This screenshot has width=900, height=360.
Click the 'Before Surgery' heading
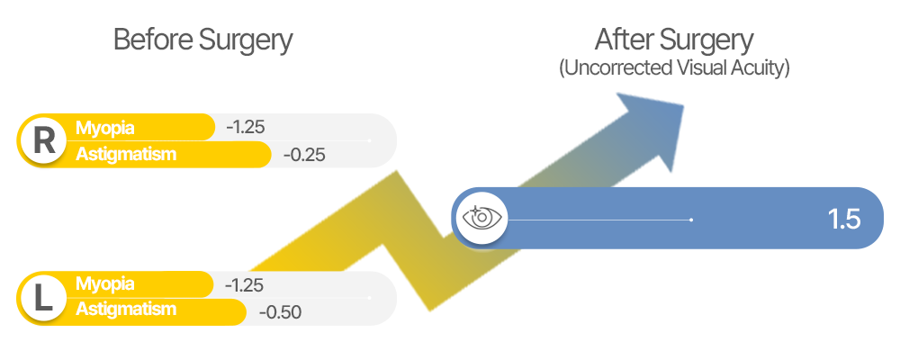(203, 41)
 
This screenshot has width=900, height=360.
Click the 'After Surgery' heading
(674, 41)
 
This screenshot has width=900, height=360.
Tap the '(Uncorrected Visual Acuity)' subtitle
(674, 68)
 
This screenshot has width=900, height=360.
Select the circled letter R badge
(44, 141)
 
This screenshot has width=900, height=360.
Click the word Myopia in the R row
(105, 128)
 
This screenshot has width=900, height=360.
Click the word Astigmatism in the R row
(126, 154)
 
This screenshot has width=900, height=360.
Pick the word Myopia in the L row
(105, 283)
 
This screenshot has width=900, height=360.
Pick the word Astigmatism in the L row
(126, 310)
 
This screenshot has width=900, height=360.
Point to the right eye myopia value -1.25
(246, 127)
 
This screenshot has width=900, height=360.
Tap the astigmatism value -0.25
(305, 155)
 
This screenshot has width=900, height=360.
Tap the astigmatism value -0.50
(280, 312)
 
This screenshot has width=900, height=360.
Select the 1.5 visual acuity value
(844, 220)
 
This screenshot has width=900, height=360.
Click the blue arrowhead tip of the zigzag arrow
(684, 105)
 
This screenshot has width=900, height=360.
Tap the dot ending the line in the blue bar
(691, 220)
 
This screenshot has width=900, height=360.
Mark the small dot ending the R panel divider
(370, 140)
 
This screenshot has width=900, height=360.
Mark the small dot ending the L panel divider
(370, 298)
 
